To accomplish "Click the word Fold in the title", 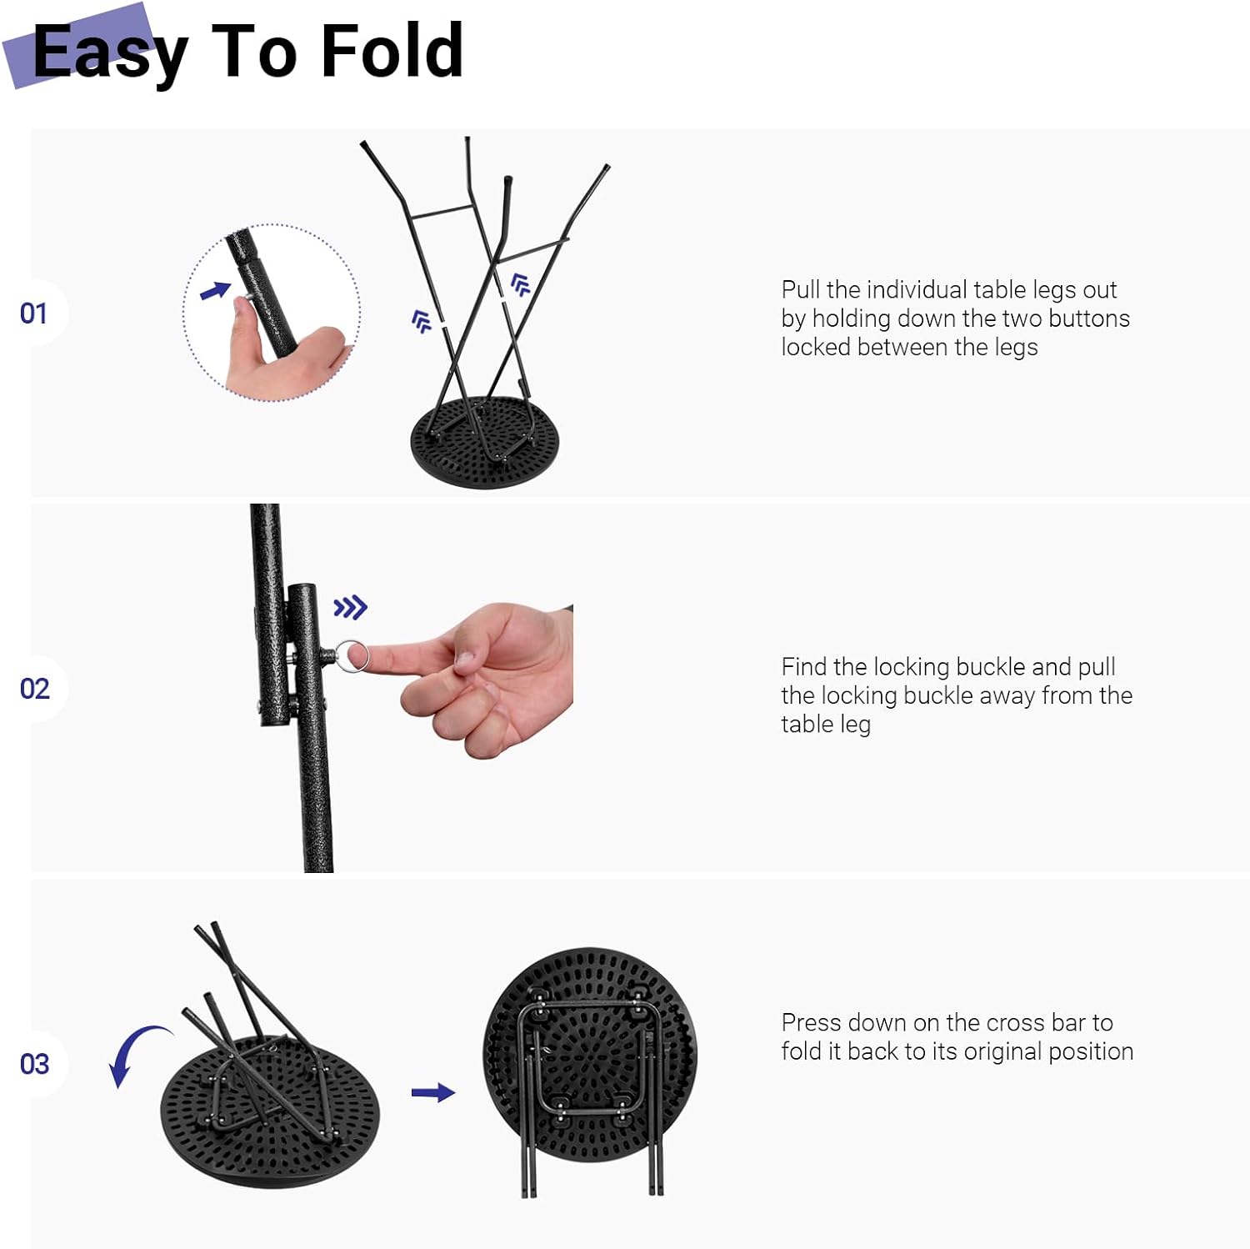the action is [x=392, y=51].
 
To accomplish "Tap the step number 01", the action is [x=33, y=314].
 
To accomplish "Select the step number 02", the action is [x=34, y=689].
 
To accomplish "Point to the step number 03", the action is [x=34, y=1064].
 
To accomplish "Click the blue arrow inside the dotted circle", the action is [x=216, y=291].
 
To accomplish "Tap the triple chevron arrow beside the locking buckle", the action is [x=350, y=607].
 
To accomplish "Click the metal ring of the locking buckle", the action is [x=352, y=655].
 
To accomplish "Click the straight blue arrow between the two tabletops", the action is [x=433, y=1092].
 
